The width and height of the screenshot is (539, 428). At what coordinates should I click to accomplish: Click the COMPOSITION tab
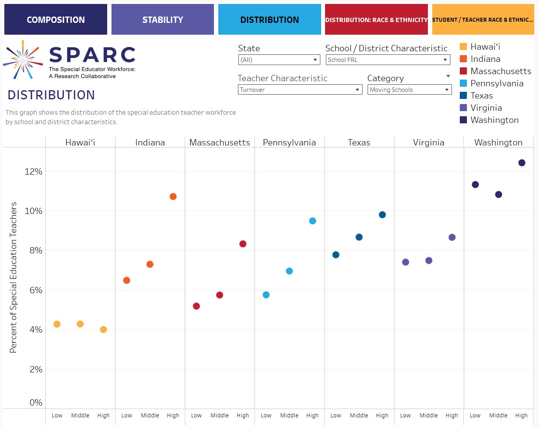click(56, 20)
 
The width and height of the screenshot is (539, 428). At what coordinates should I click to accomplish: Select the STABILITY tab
click(162, 20)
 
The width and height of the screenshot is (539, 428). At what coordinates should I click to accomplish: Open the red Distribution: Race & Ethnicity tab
click(376, 20)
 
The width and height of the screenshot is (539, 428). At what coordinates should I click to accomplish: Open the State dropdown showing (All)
click(279, 60)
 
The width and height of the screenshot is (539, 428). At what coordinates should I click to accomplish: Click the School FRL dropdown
click(388, 60)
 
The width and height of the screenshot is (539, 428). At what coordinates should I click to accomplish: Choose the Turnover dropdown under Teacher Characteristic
click(300, 90)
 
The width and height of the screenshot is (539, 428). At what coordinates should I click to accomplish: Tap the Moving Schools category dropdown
click(409, 90)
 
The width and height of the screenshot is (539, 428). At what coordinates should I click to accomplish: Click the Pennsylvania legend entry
click(497, 84)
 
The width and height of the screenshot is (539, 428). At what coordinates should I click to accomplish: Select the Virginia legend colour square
click(463, 108)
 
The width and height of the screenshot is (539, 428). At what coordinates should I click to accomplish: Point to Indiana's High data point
click(173, 197)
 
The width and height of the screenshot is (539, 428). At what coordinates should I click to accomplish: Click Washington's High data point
click(522, 163)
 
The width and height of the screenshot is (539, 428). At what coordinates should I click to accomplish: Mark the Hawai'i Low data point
click(57, 324)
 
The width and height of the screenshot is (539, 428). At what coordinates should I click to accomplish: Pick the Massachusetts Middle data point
click(219, 295)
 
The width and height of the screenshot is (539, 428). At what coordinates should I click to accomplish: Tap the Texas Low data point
click(336, 255)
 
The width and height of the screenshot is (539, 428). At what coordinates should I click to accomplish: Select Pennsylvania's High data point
click(312, 221)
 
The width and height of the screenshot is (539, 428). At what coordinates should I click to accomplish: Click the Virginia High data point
click(452, 237)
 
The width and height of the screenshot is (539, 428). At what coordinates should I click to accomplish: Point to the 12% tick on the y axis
click(33, 172)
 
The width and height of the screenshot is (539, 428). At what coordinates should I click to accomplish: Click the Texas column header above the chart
click(359, 143)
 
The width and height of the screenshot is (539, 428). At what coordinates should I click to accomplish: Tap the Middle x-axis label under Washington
click(498, 415)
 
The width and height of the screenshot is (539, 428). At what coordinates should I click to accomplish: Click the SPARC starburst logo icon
click(23, 60)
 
